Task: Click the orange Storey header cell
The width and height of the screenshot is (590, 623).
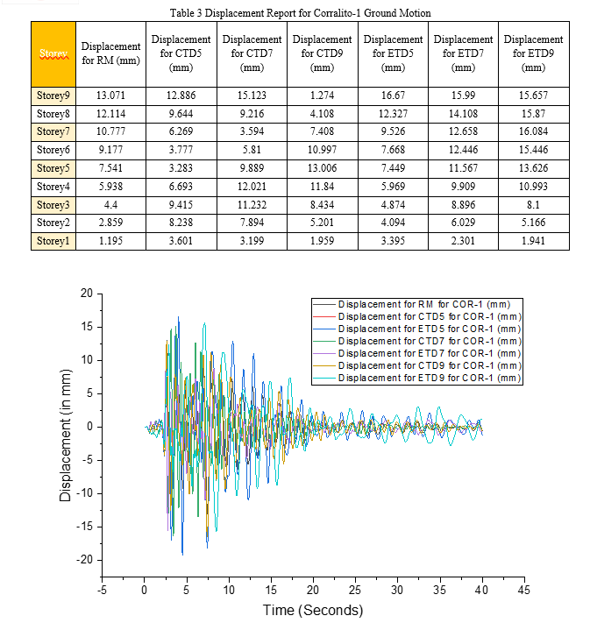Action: (53, 54)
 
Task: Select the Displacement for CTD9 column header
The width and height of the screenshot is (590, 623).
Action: (322, 53)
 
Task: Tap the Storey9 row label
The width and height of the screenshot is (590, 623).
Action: (53, 96)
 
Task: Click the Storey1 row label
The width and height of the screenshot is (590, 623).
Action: (53, 241)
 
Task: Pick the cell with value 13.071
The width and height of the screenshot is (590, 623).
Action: (110, 96)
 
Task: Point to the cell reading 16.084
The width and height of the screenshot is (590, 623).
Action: (533, 131)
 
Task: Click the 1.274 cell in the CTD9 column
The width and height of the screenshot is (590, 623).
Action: (322, 96)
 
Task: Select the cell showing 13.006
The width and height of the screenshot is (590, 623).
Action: (322, 168)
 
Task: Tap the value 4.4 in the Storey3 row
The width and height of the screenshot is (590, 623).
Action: (110, 205)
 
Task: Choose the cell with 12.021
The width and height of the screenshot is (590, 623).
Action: (252, 187)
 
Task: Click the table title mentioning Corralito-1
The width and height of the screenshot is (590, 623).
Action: (300, 13)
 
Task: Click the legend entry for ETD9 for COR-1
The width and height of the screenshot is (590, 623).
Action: (416, 378)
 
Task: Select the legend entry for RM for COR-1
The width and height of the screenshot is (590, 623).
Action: (411, 304)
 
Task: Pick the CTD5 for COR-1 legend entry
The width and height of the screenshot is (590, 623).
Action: (416, 316)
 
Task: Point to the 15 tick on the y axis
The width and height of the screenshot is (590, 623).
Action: (86, 327)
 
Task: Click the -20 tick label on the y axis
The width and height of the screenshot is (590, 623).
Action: (84, 559)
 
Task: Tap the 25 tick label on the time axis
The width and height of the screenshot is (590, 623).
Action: (355, 590)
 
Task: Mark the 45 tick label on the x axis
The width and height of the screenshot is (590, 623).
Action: (523, 590)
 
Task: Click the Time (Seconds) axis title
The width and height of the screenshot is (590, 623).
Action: (313, 610)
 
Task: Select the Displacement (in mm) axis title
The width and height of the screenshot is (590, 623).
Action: (65, 435)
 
